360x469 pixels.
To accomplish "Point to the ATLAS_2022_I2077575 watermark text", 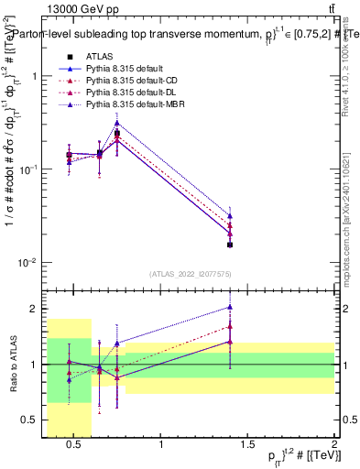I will [x=191, y=273].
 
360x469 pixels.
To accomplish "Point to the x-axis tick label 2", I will [x=334, y=445].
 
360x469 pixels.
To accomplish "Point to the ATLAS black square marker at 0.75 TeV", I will [x=117, y=134].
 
